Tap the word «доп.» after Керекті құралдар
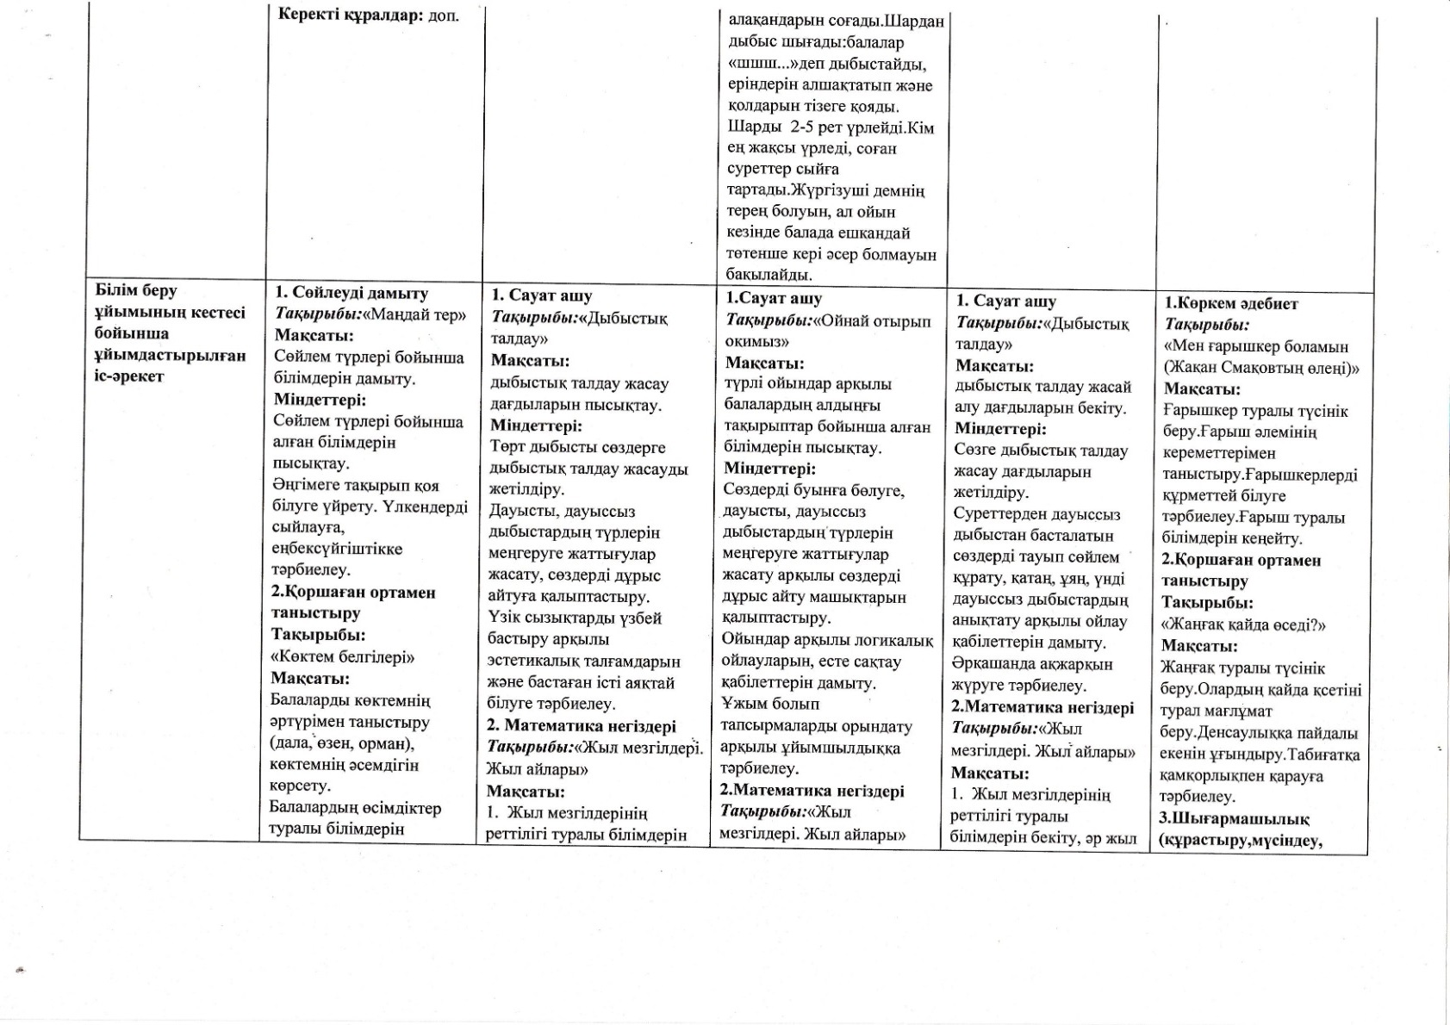pyautogui.click(x=444, y=16)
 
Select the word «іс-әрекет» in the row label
pyautogui.click(x=129, y=376)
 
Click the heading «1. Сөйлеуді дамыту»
pyautogui.click(x=351, y=293)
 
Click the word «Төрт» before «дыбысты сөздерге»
pyautogui.click(x=507, y=447)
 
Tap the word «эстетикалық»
pyautogui.click(x=535, y=662)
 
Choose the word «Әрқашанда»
pyautogui.click(x=993, y=664)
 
